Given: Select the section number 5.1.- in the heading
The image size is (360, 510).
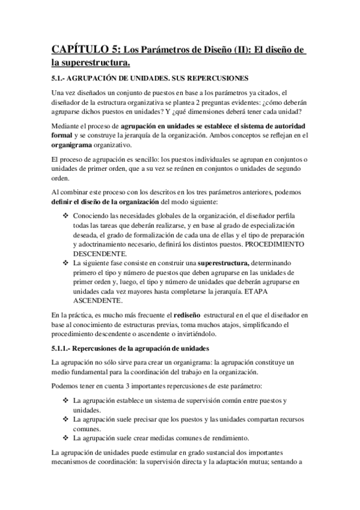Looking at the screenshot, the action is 61,78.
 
